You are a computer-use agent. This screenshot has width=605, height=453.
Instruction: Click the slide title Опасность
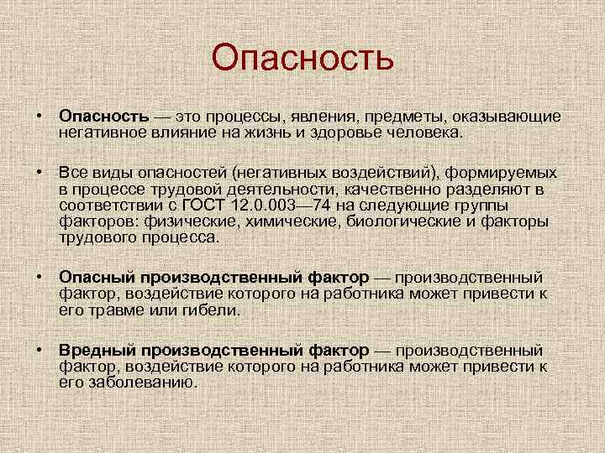pos(302,58)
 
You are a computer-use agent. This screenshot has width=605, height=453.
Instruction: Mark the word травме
pos(111,310)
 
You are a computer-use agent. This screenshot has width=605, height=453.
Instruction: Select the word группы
pos(502,206)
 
